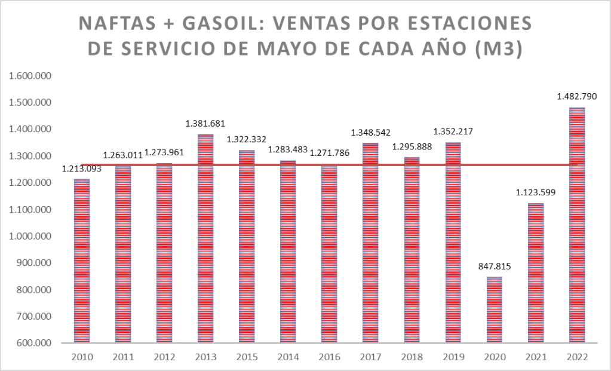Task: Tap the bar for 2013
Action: [x=205, y=239]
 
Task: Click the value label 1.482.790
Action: [x=577, y=96]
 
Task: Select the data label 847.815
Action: [x=495, y=266]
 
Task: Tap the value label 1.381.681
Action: [x=205, y=124]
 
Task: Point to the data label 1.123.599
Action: [x=536, y=192]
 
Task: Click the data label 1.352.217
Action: [x=453, y=131]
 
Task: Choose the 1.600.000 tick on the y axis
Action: [x=29, y=76]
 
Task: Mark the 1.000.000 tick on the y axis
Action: [x=29, y=237]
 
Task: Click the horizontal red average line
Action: [x=328, y=165]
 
